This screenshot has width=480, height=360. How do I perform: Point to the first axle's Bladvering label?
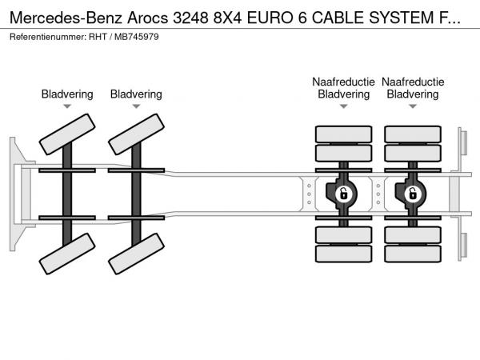coord(67,94)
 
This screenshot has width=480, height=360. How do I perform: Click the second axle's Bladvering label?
coord(136,94)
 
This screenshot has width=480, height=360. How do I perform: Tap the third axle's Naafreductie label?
coord(343,82)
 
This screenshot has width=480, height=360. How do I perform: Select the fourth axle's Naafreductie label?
coord(413,82)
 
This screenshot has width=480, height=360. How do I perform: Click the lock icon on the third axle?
coord(344,193)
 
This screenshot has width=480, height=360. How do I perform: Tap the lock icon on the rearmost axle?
coord(413,193)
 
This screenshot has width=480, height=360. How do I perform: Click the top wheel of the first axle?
coord(66,134)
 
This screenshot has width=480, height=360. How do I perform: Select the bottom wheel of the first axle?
coord(66,255)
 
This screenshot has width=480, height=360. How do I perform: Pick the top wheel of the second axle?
coord(135,134)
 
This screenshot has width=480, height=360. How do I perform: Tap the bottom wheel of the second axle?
coord(135,255)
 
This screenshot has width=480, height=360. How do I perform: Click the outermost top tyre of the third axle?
coord(343,134)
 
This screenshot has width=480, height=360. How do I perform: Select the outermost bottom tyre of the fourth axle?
coord(413,254)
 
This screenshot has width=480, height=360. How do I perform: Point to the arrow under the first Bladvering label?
coord(67,106)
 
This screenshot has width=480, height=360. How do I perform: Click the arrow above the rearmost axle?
coord(413,106)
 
